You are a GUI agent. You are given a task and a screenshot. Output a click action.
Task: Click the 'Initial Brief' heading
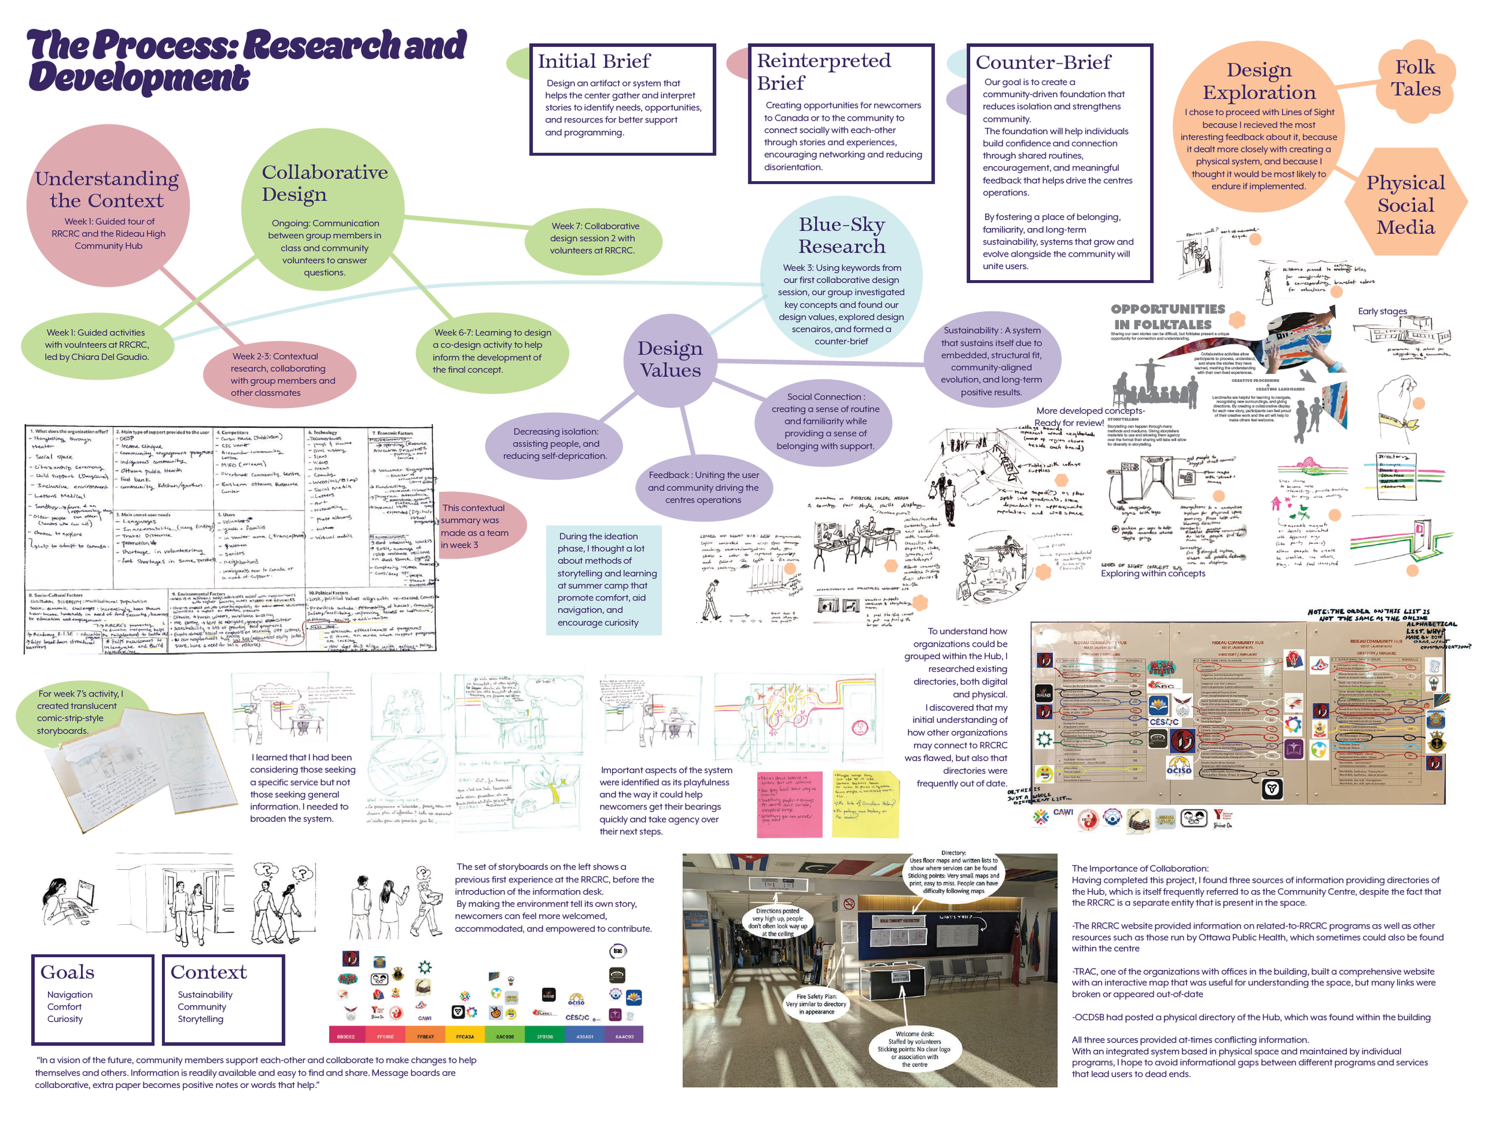pyautogui.click(x=594, y=62)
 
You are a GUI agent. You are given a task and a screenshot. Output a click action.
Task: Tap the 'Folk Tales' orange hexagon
pyautogui.click(x=1415, y=78)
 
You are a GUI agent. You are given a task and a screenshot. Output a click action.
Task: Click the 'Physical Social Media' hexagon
pyautogui.click(x=1405, y=205)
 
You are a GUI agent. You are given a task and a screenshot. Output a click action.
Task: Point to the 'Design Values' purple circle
pyautogui.click(x=670, y=359)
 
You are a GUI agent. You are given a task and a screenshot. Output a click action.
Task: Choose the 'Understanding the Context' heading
pyautogui.click(x=107, y=189)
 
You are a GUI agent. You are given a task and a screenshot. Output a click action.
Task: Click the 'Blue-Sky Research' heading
pyautogui.click(x=841, y=235)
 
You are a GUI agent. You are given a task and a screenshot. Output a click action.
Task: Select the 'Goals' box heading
pyautogui.click(x=67, y=972)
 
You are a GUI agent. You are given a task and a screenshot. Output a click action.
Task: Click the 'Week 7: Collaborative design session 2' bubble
pyautogui.click(x=594, y=239)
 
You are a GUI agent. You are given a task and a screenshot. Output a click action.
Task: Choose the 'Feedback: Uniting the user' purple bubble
pyautogui.click(x=703, y=487)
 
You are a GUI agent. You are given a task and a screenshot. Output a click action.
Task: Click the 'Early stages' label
pyautogui.click(x=1381, y=311)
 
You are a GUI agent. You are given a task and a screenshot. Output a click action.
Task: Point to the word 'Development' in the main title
pyautogui.click(x=139, y=77)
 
